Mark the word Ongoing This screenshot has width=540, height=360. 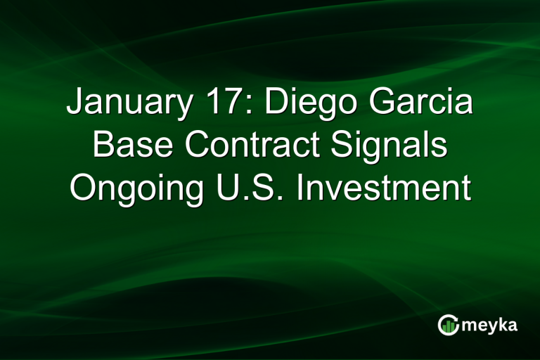pyautogui.click(x=127, y=190)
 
